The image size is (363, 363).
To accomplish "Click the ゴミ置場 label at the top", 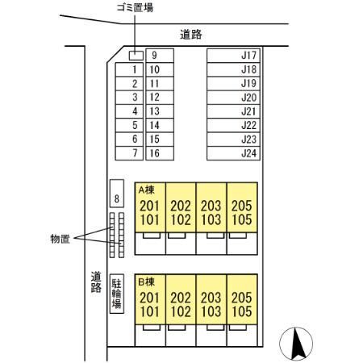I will [x=134, y=7].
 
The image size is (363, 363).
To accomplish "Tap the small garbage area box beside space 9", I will [x=136, y=56].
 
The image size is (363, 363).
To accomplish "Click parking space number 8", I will [x=116, y=197].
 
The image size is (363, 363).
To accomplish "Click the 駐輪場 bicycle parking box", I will [x=116, y=297].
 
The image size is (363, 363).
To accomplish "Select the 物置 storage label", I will [x=60, y=239].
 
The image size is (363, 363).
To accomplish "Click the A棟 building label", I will [x=147, y=190].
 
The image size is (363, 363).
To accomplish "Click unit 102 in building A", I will [x=181, y=219].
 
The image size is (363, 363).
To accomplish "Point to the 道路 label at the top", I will [x=190, y=35].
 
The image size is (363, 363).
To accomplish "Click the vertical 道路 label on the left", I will [x=94, y=281].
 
